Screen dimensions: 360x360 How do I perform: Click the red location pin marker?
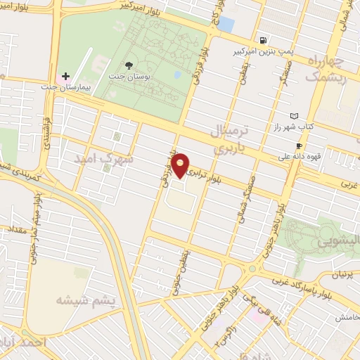(x=181, y=165)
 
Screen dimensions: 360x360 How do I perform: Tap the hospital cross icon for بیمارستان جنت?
(x=66, y=76)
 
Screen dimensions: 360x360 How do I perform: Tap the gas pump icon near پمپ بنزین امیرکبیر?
(x=262, y=40)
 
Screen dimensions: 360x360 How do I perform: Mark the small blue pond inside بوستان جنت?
(x=178, y=73)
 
